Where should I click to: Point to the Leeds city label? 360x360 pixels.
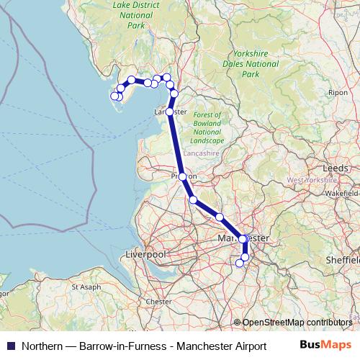336,167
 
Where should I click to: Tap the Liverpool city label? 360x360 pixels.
145,255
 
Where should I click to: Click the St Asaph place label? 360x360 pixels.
85,287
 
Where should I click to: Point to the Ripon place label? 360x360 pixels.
337,93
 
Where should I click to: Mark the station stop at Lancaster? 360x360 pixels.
170,112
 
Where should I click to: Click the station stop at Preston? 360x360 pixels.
183,176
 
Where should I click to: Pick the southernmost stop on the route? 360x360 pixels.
240,263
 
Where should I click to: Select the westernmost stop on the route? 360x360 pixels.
114,96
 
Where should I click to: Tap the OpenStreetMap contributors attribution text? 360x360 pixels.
297,323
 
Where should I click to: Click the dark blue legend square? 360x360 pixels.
10,346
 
